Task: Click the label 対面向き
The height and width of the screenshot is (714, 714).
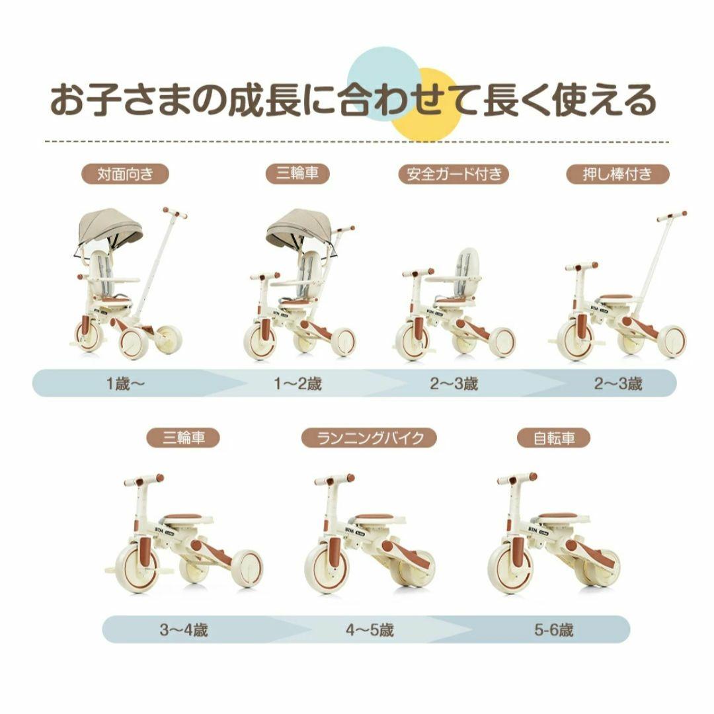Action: [x=125, y=175]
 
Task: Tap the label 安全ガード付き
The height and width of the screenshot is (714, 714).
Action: [x=454, y=175]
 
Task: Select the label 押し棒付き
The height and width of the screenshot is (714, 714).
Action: [x=617, y=175]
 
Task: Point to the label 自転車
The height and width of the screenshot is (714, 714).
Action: [x=554, y=438]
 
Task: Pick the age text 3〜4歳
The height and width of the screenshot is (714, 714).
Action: [x=183, y=630]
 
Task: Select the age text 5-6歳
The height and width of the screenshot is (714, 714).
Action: [x=554, y=630]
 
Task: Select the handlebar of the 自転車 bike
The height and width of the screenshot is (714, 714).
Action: [x=517, y=478]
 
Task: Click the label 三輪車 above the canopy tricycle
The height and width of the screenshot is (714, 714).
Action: [x=291, y=175]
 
